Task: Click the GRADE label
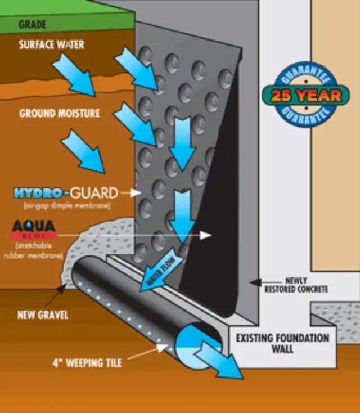[x=33, y=25]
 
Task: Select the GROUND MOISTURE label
[x=60, y=113]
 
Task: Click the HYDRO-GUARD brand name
[x=66, y=194]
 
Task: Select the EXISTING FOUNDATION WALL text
[x=282, y=344]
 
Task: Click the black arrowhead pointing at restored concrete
[x=253, y=280]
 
